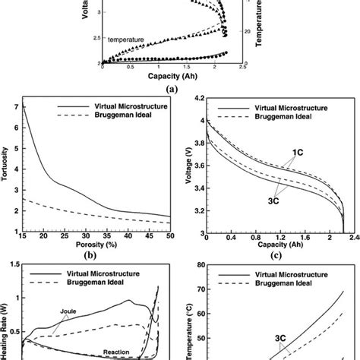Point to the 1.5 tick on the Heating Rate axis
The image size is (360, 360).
click(15, 265)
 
